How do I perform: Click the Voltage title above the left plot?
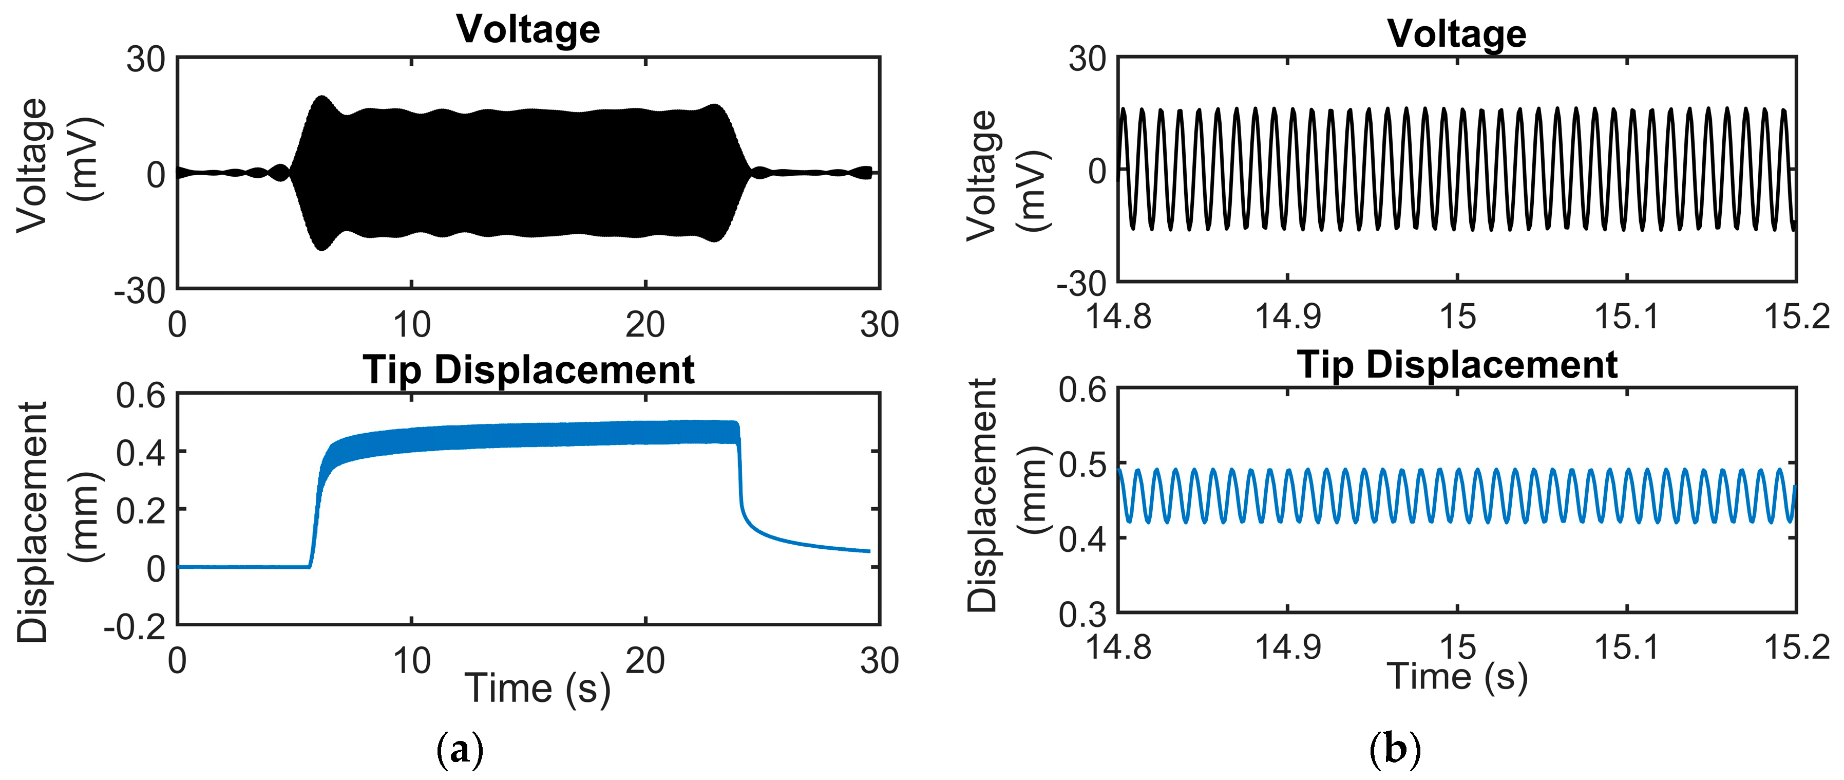point(528,30)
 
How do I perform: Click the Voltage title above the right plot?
point(1457,34)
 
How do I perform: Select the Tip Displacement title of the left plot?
point(528,370)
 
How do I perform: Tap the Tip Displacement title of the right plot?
point(1457,365)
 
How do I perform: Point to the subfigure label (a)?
point(460,750)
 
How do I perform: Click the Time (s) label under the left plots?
point(538,689)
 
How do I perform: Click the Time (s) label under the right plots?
point(1457,677)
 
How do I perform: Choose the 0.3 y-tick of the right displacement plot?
point(1082,615)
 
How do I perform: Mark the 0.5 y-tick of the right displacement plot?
point(1082,466)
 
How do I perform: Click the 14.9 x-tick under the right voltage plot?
point(1288,316)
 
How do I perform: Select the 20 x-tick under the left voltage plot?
point(645,326)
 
